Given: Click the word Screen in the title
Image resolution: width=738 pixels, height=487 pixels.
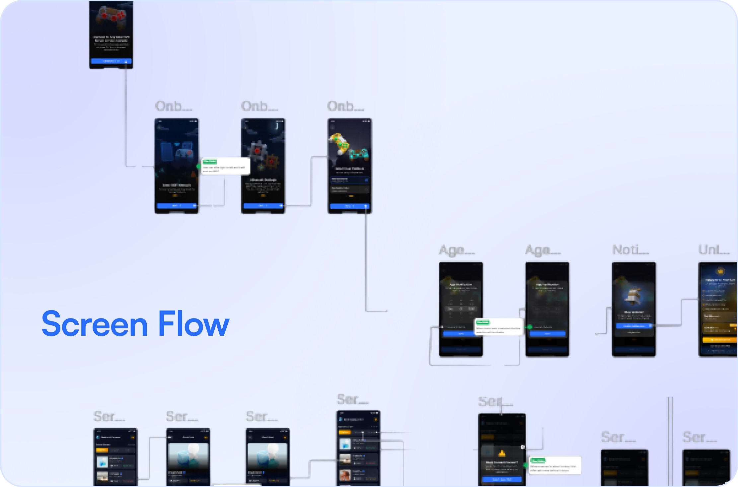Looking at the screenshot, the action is click(x=95, y=324).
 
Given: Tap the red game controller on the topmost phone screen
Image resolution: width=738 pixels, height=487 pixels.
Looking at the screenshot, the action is click(x=111, y=15).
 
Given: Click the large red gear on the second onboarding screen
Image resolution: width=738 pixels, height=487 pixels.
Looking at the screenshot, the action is click(x=258, y=150).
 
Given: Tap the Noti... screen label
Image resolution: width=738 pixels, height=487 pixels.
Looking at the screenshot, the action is click(x=630, y=250).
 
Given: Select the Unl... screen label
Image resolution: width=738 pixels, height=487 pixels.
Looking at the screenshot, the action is click(x=714, y=250).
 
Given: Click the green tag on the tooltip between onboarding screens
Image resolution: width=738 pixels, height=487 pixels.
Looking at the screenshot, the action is click(x=210, y=162).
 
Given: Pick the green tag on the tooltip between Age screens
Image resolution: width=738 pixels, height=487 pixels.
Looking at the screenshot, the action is click(x=482, y=322).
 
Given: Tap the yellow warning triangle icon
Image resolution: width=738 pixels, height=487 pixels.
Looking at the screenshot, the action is click(x=502, y=453).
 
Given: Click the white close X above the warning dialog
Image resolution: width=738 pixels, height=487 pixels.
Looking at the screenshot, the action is click(x=523, y=447).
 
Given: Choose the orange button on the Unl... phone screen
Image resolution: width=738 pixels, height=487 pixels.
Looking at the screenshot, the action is click(x=719, y=340).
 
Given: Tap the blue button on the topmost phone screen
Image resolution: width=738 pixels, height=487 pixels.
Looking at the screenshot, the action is click(x=111, y=61).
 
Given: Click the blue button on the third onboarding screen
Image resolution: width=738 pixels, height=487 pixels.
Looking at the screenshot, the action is click(x=349, y=206).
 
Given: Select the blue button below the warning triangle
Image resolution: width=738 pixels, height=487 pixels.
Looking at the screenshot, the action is click(x=502, y=479).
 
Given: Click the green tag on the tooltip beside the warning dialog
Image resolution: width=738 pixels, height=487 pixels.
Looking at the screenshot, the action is click(x=538, y=460).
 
